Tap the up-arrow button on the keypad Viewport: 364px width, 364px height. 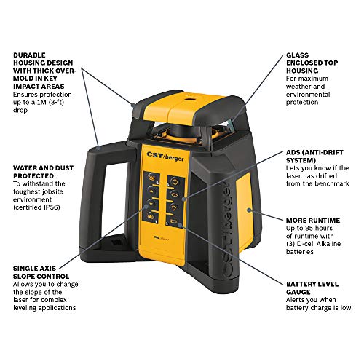151,191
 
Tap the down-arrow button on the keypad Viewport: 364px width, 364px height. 151,203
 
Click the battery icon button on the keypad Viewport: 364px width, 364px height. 174,221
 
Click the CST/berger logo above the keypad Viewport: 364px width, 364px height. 165,157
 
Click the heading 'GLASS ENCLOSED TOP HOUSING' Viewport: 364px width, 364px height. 312,63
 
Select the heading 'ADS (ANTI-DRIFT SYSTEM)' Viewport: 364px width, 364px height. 314,157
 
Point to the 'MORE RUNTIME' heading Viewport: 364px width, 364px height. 313,221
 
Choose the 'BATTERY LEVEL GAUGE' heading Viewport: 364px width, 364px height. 312,288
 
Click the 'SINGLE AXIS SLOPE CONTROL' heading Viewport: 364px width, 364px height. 41,272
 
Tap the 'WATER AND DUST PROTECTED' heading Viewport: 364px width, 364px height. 43,172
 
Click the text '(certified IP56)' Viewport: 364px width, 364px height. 36,207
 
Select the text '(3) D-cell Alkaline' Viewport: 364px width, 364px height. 313,244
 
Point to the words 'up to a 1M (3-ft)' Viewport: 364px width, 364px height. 39,102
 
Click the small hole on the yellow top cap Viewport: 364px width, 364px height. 190,99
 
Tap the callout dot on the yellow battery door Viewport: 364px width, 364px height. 249,210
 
